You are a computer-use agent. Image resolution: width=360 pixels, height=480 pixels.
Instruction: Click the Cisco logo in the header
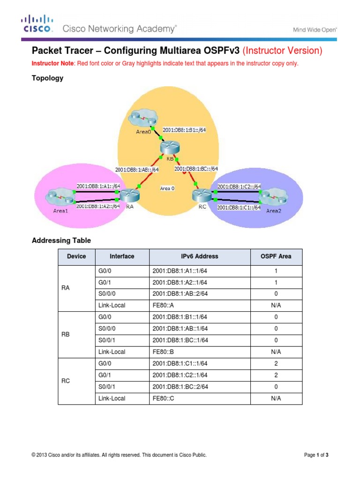coord(37,24)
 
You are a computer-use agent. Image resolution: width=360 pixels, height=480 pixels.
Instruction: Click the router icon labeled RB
coord(166,147)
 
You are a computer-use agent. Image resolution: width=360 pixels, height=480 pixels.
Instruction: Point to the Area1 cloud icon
coord(57,196)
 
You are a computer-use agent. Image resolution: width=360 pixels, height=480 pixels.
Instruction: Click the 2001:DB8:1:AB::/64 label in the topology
coord(136,169)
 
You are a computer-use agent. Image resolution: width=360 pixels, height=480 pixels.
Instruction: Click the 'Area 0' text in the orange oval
coord(167,188)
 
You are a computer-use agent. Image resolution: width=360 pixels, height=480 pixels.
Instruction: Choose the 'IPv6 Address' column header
coord(199,256)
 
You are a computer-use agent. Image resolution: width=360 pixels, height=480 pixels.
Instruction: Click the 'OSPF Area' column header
coord(276,256)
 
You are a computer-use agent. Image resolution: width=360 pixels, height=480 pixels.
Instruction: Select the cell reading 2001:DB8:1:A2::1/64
coord(180,282)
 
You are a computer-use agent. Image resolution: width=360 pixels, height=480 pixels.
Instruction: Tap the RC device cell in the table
coord(66,381)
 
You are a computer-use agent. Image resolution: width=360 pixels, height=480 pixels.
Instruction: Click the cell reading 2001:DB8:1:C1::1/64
coord(180,363)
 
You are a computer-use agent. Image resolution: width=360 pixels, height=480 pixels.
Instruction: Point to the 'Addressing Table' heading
coord(61,240)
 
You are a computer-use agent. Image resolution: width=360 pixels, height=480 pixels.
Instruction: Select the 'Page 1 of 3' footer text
coord(320,455)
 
